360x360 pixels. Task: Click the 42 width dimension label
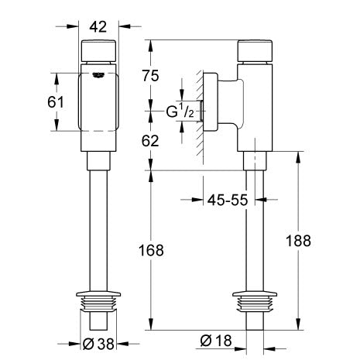98,26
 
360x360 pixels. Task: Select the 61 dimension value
56,102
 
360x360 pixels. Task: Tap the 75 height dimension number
150,76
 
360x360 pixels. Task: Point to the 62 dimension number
150,141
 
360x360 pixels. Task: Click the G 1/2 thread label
180,111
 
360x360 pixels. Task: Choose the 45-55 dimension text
228,200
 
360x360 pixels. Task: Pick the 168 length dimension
151,250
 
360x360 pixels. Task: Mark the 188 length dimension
298,241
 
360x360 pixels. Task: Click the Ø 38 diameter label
98,344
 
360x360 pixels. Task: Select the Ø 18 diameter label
216,341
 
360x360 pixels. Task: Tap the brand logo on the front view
98,75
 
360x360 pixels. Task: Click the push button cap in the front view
98,50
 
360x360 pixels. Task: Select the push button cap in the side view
255,51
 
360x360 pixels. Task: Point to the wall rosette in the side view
211,102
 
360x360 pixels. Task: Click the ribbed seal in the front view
98,304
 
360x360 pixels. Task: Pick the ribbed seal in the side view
255,304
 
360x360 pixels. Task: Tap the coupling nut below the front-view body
98,161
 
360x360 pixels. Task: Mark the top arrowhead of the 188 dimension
298,157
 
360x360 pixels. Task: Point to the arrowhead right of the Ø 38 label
122,344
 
